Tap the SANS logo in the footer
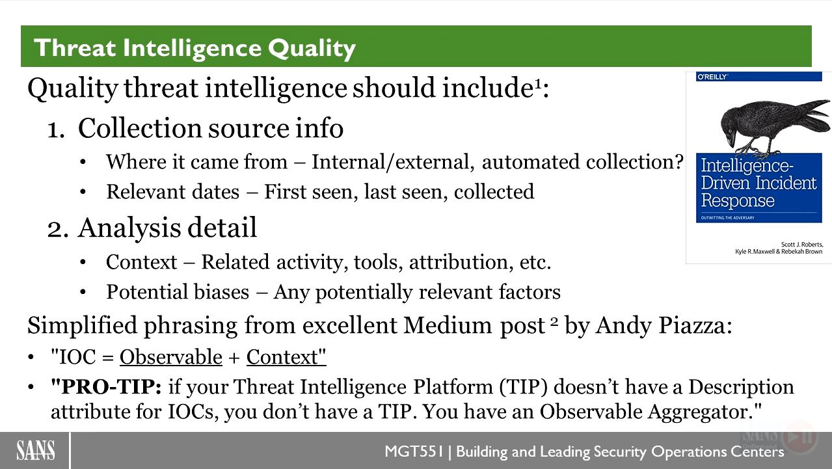point(35,450)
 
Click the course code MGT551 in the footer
point(414,451)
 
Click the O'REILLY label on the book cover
point(712,77)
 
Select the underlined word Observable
point(171,357)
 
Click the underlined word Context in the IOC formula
point(282,357)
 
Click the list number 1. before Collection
point(56,130)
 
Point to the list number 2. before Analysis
point(58,229)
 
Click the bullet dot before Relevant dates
point(83,193)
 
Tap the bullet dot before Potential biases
point(83,292)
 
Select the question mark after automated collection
point(678,162)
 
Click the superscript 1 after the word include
point(538,85)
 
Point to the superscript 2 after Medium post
point(554,321)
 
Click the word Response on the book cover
point(738,201)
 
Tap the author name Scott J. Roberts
point(802,245)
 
